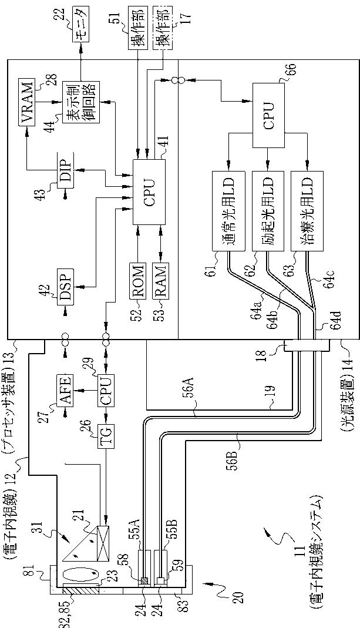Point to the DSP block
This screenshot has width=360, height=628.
[x=65, y=287]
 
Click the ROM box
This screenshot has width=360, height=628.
[x=137, y=280]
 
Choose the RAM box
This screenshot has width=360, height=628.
[x=160, y=280]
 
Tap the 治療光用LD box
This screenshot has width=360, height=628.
[x=307, y=211]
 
